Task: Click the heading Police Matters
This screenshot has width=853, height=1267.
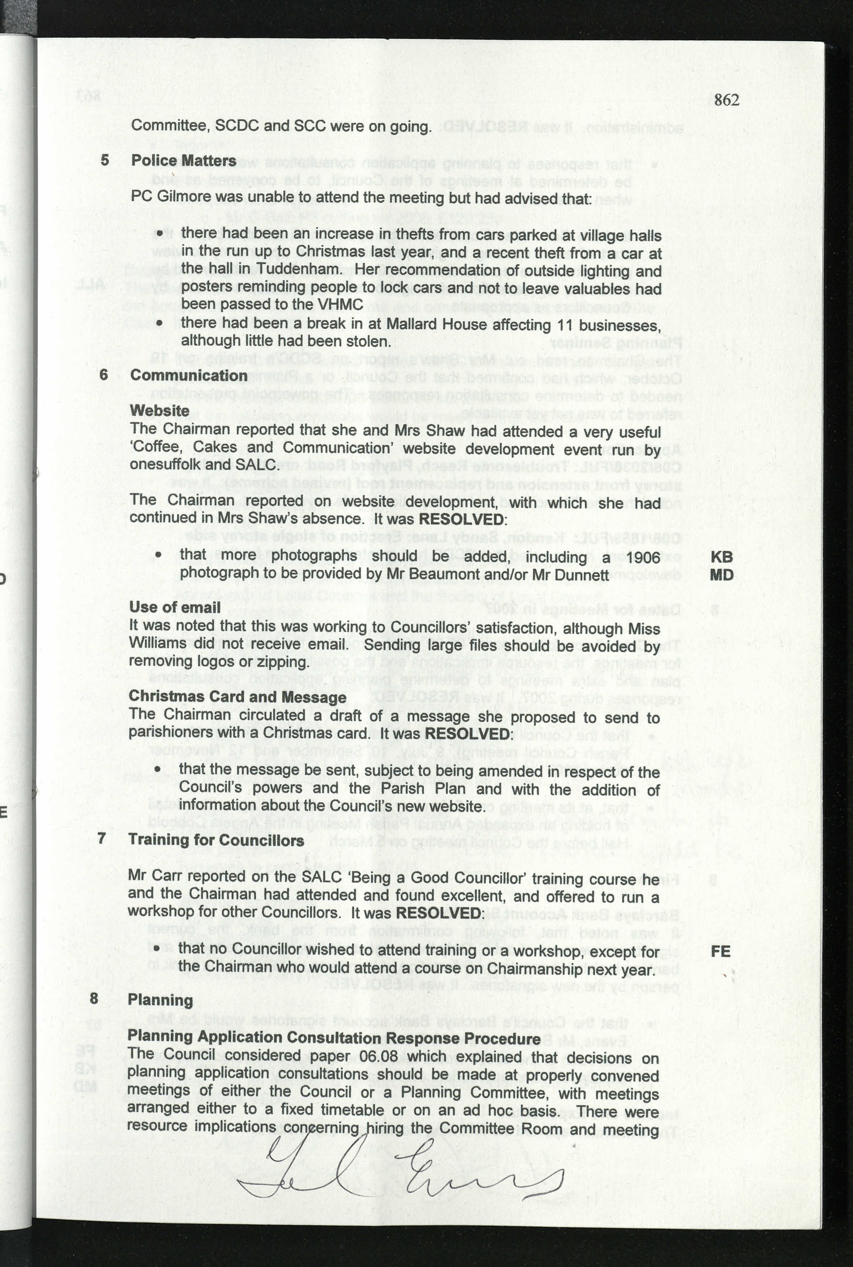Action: click(183, 161)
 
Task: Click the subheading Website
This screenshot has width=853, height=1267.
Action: click(159, 411)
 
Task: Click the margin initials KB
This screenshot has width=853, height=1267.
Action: click(721, 557)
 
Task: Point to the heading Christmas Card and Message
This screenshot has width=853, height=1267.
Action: click(237, 697)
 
